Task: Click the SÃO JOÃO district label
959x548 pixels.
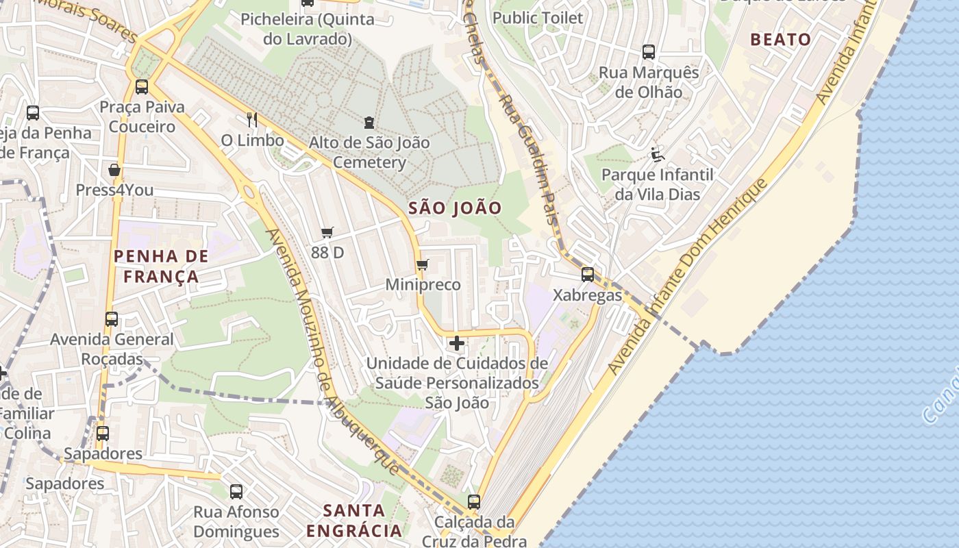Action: click(455, 208)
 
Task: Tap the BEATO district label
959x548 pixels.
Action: click(780, 40)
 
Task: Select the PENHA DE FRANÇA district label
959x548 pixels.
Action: click(161, 266)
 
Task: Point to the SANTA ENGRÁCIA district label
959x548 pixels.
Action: click(353, 521)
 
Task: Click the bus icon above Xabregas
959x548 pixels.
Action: click(587, 275)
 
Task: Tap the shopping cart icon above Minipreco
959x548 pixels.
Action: click(422, 264)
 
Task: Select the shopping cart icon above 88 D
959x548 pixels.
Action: click(327, 233)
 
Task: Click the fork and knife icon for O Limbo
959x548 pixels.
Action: click(252, 120)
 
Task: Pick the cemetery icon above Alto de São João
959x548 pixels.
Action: click(369, 123)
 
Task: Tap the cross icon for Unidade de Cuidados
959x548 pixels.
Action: click(457, 342)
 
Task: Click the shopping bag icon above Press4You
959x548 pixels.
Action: click(114, 170)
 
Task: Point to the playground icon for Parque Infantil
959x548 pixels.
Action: click(658, 155)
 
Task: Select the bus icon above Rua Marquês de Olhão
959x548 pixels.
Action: click(648, 51)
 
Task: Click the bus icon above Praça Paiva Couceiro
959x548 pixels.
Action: click(142, 87)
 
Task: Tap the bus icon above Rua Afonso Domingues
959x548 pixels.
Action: click(236, 491)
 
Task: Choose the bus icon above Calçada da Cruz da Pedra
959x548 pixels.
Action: click(473, 501)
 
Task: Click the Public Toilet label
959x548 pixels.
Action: click(538, 18)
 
